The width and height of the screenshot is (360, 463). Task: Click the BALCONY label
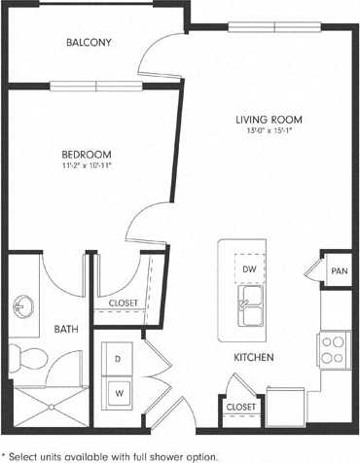point(89,43)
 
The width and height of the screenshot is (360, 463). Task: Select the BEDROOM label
point(87,154)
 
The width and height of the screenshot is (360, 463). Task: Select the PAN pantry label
point(339,271)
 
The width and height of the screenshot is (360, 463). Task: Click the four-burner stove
point(333,345)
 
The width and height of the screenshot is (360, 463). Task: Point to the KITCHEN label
point(252,358)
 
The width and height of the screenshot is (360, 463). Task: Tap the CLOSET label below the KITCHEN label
point(240,406)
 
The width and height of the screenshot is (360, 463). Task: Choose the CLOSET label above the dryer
point(123,303)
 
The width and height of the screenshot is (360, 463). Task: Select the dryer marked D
point(118,359)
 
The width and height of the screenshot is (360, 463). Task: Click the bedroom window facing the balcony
point(96,85)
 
